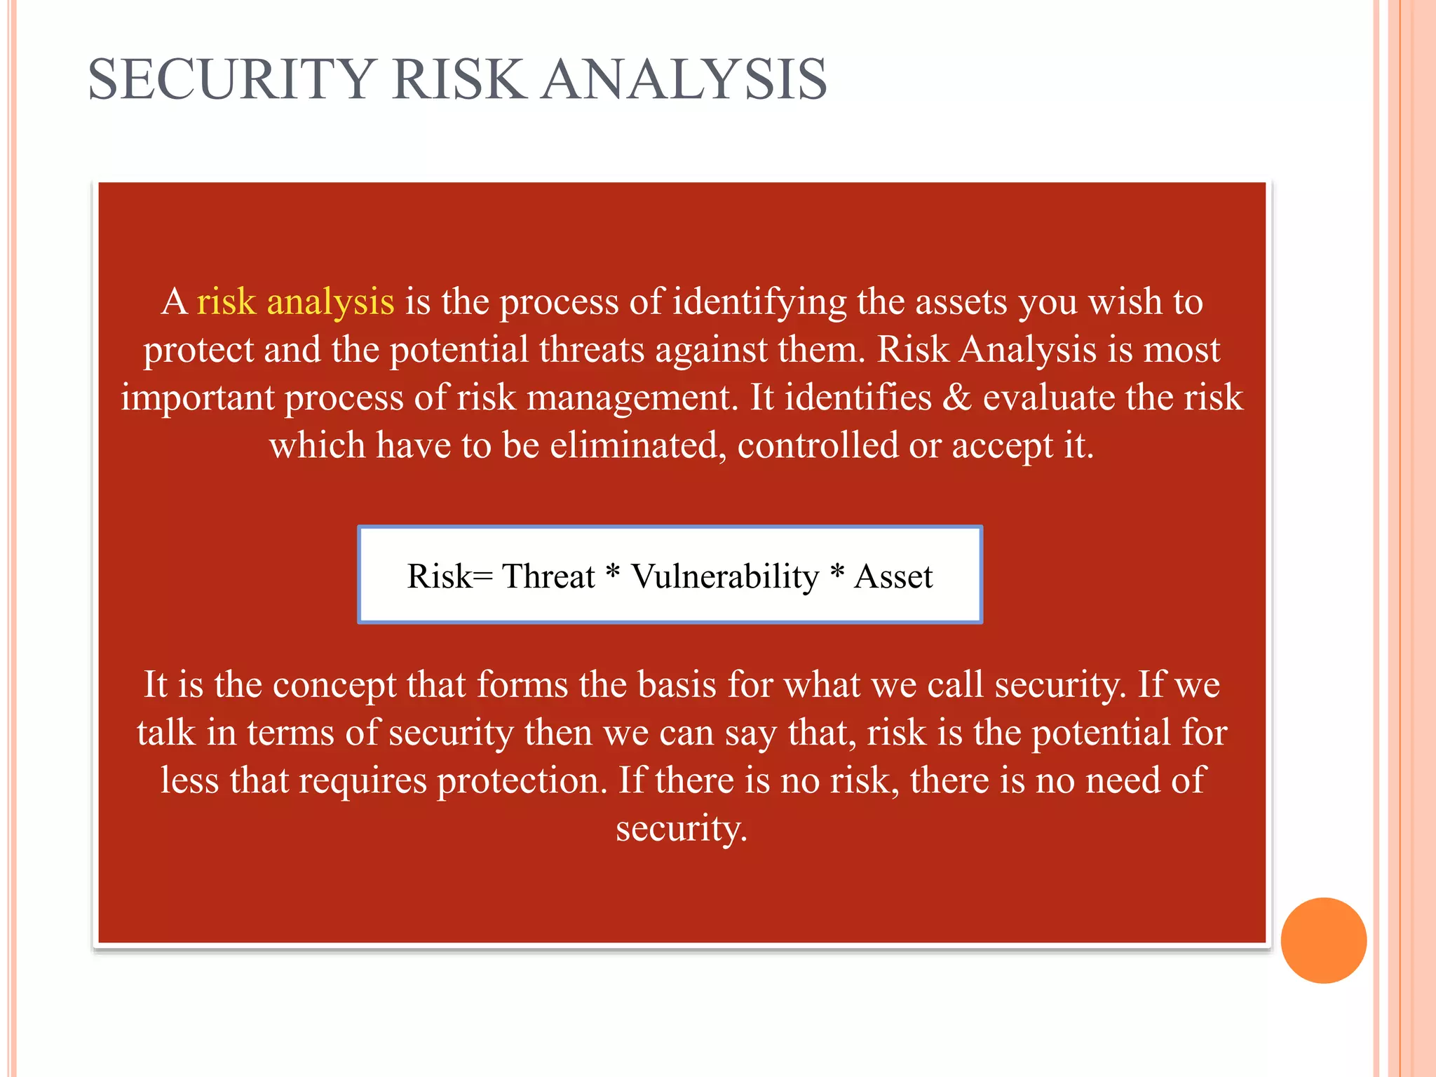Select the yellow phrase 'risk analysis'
click(x=295, y=302)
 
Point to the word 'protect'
click(x=198, y=351)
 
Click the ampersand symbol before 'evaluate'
click(x=956, y=398)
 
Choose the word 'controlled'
click(x=818, y=446)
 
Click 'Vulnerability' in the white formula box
click(x=725, y=577)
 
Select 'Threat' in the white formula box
click(x=548, y=577)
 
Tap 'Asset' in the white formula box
click(x=893, y=577)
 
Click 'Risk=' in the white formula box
click(x=449, y=577)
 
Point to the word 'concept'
click(x=334, y=686)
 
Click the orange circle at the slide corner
click(x=1323, y=940)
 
